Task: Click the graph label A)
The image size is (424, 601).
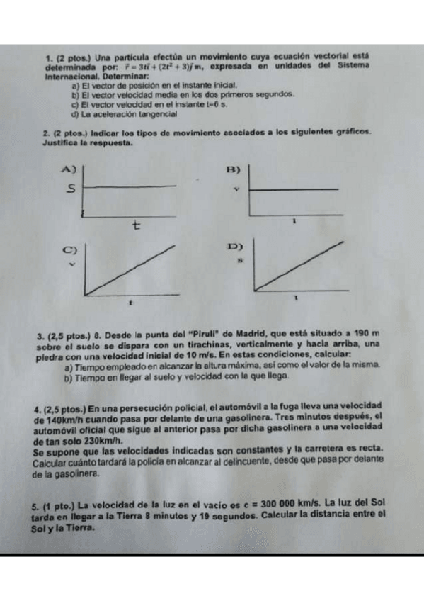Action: coord(69,169)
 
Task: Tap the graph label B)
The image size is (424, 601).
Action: coord(233,170)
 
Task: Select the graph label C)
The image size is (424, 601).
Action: coord(69,249)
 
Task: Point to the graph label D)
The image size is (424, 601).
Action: coord(236,247)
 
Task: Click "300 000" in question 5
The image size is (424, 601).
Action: coord(281,505)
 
